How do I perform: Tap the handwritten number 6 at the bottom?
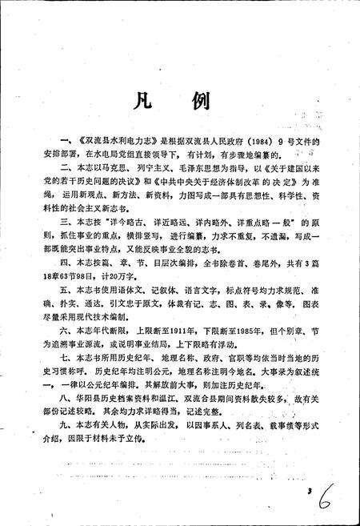click(x=323, y=487)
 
